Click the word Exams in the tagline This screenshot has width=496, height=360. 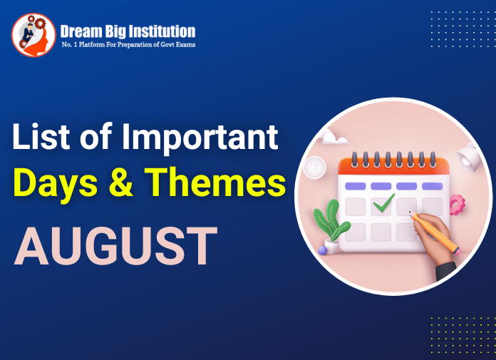(x=185, y=45)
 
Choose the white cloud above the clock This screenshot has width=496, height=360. (x=332, y=141)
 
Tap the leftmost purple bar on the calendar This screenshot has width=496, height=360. (x=356, y=186)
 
